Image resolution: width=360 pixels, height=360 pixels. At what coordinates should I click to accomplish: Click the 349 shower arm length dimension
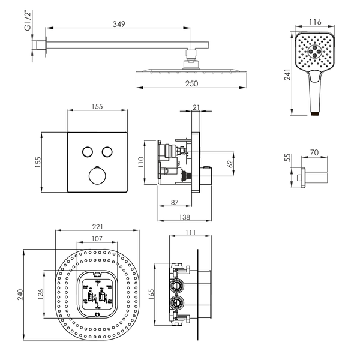pyautogui.click(x=119, y=24)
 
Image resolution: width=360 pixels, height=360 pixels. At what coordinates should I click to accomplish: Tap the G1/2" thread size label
pyautogui.click(x=28, y=21)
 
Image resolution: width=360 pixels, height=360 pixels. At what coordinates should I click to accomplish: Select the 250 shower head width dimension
pyautogui.click(x=192, y=83)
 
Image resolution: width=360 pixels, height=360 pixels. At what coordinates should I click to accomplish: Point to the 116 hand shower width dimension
pyautogui.click(x=315, y=22)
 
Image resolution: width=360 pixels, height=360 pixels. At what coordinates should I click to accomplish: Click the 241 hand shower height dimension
pyautogui.click(x=287, y=74)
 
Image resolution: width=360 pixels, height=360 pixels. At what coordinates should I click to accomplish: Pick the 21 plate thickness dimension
pyautogui.click(x=196, y=107)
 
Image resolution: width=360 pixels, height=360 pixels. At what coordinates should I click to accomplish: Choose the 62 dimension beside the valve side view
pyautogui.click(x=230, y=164)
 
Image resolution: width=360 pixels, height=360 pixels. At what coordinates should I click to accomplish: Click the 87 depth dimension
pyautogui.click(x=175, y=202)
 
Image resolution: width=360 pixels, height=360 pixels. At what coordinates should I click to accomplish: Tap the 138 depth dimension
pyautogui.click(x=185, y=217)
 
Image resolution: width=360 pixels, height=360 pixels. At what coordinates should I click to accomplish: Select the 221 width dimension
pyautogui.click(x=98, y=227)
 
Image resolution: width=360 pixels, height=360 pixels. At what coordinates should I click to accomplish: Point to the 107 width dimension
pyautogui.click(x=97, y=239)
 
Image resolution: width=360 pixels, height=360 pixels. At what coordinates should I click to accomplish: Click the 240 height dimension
pyautogui.click(x=20, y=295)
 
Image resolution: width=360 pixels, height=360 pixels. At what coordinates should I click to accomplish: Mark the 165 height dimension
pyautogui.click(x=151, y=294)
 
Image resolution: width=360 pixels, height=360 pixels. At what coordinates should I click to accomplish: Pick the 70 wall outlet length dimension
pyautogui.click(x=314, y=152)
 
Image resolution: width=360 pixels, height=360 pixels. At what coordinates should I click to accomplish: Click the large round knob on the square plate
pyautogui.click(x=97, y=176)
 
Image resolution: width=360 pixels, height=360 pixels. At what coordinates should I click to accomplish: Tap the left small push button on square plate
pyautogui.click(x=88, y=152)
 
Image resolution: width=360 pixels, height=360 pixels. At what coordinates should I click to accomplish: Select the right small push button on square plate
pyautogui.click(x=107, y=152)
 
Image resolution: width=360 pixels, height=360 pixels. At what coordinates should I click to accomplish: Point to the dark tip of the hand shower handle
pyautogui.click(x=315, y=113)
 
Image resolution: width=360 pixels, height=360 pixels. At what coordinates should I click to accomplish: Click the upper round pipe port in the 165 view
pyautogui.click(x=176, y=286)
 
